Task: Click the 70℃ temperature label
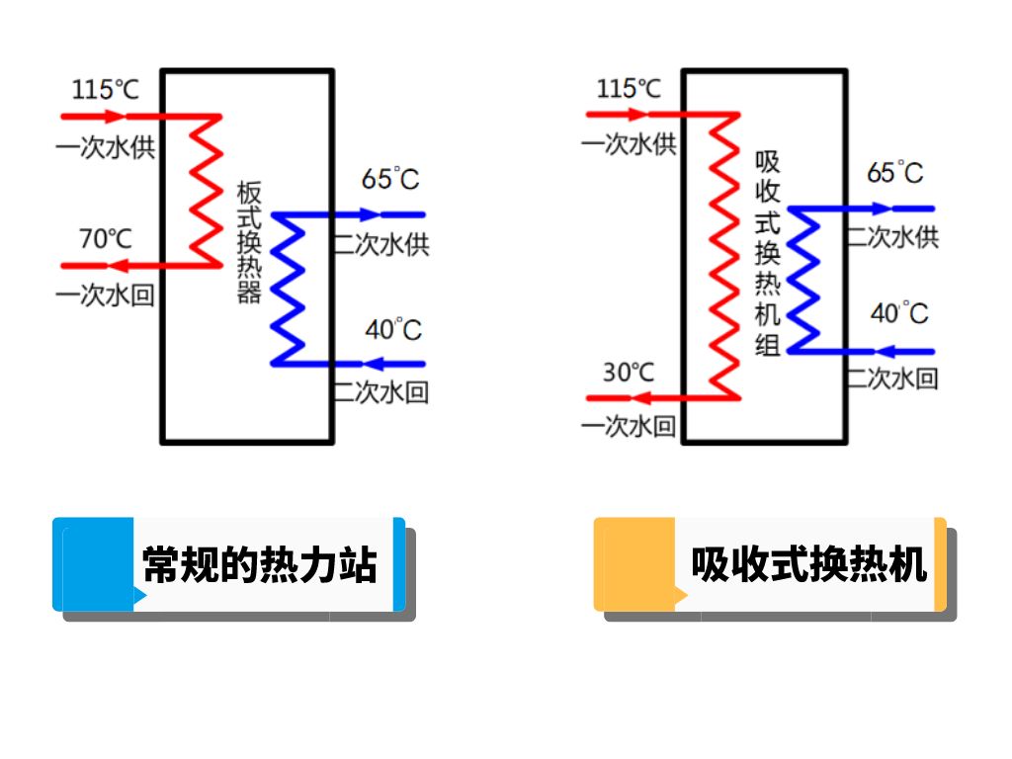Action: tap(106, 238)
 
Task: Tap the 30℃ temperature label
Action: tap(629, 372)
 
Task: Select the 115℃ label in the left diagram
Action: tap(106, 90)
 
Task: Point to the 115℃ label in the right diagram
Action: tap(629, 88)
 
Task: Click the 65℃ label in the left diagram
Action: tap(390, 179)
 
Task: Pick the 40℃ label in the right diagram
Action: tap(899, 314)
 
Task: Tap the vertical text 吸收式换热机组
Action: tap(768, 252)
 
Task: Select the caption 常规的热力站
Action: tap(260, 566)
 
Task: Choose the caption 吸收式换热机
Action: tap(808, 566)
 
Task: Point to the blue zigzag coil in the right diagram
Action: tap(806, 280)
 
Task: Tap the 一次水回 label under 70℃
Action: tap(106, 295)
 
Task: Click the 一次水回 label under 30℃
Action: tap(629, 427)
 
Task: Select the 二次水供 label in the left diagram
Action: tap(382, 243)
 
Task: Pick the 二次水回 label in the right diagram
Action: tap(892, 378)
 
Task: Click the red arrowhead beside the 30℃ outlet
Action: tap(640, 398)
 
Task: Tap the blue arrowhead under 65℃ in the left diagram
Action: tap(370, 213)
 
